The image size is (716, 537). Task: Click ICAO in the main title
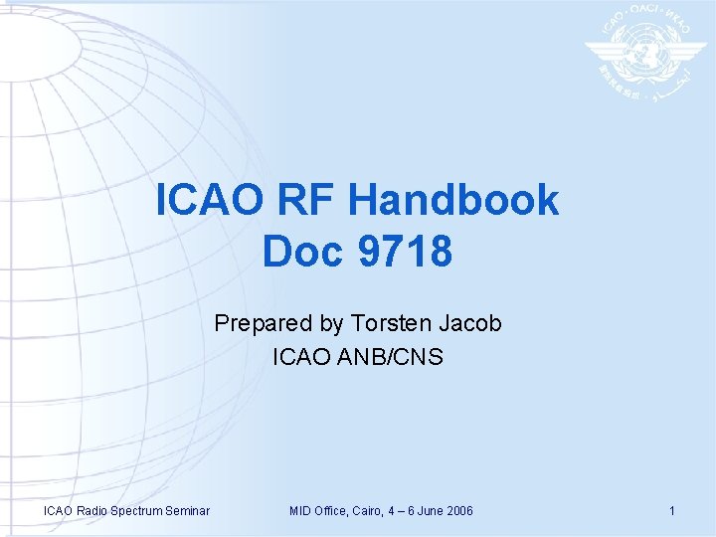[x=207, y=201]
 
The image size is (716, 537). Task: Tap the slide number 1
[x=672, y=511]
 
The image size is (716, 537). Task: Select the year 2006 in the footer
[x=459, y=511]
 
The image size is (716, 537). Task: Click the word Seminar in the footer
[x=187, y=511]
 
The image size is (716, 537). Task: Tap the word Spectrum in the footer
[x=135, y=511]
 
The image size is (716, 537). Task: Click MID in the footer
[x=300, y=511]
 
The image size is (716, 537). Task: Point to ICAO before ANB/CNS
[x=298, y=356]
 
